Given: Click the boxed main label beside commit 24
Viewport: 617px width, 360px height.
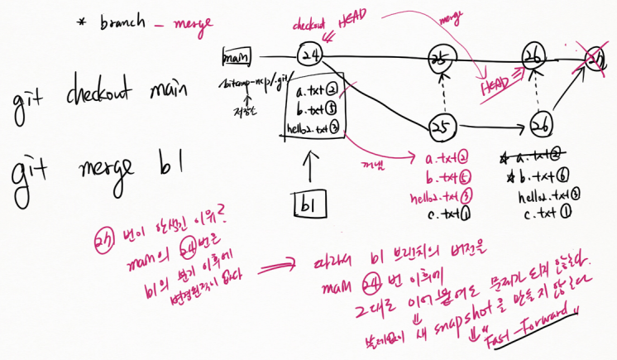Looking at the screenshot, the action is [236, 58].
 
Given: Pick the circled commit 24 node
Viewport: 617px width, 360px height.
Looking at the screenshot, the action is [311, 54].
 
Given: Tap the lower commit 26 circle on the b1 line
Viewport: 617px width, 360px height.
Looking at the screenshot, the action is [541, 125].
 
